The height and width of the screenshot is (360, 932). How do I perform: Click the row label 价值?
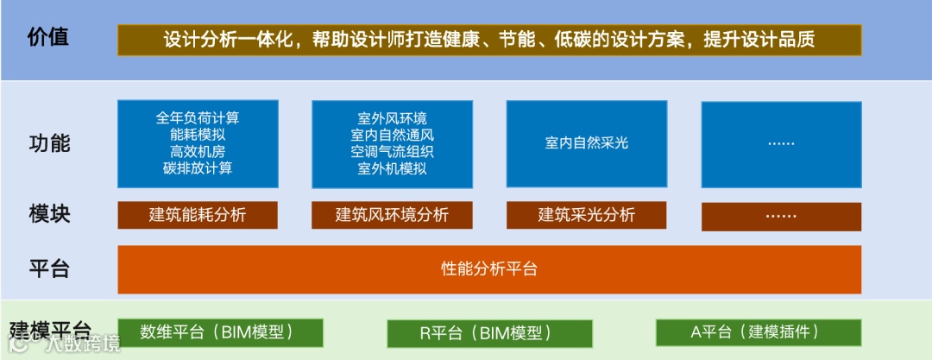click(47, 39)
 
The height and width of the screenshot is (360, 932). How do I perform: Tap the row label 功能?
click(48, 143)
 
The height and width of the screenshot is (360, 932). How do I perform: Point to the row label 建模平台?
click(50, 331)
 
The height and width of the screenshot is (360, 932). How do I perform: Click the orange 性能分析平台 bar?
click(488, 268)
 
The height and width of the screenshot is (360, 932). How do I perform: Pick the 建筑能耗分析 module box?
click(198, 215)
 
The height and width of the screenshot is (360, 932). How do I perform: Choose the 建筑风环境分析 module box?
click(392, 215)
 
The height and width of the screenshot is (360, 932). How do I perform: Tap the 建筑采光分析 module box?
click(586, 215)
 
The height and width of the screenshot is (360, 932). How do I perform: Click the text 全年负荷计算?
click(198, 118)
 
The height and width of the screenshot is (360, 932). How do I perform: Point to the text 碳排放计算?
click(198, 167)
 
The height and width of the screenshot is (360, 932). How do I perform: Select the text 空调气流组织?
click(392, 152)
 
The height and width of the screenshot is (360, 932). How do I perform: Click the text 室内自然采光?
click(586, 142)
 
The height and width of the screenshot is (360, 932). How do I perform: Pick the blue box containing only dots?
click(781, 144)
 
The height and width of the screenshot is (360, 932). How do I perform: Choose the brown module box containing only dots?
click(781, 216)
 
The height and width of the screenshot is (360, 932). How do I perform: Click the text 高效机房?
click(198, 151)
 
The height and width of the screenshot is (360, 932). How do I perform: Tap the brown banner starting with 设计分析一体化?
click(488, 40)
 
